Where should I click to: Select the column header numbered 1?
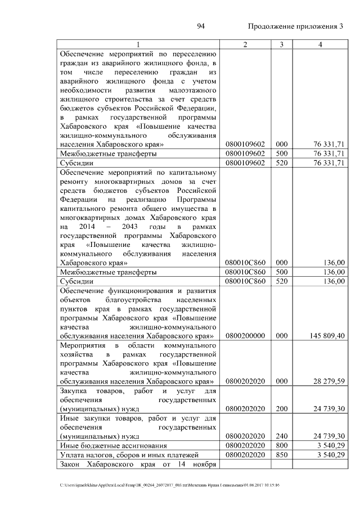point(138,45)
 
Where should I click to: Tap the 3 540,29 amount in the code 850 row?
point(331,454)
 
